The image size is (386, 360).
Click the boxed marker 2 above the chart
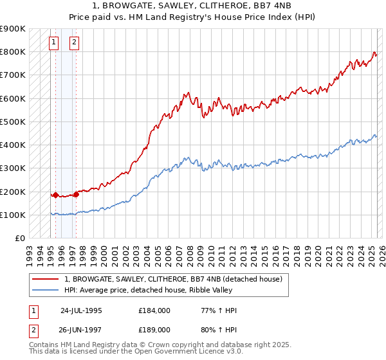[74, 43]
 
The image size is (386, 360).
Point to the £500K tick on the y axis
[14, 122]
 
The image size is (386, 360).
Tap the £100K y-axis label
[14, 215]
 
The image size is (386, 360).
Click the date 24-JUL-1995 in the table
[81, 311]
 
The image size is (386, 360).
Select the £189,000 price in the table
[154, 329]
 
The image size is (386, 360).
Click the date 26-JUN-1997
[81, 329]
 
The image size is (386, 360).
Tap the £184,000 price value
[154, 311]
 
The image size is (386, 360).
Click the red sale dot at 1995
[55, 195]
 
